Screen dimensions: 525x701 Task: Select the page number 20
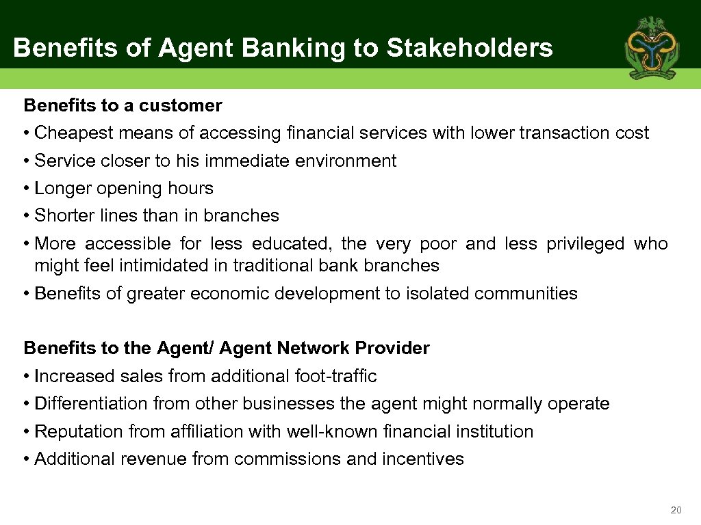point(676,510)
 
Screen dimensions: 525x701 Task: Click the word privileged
point(586,243)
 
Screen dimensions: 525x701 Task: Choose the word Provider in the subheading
point(392,348)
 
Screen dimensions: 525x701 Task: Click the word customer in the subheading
point(181,105)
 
